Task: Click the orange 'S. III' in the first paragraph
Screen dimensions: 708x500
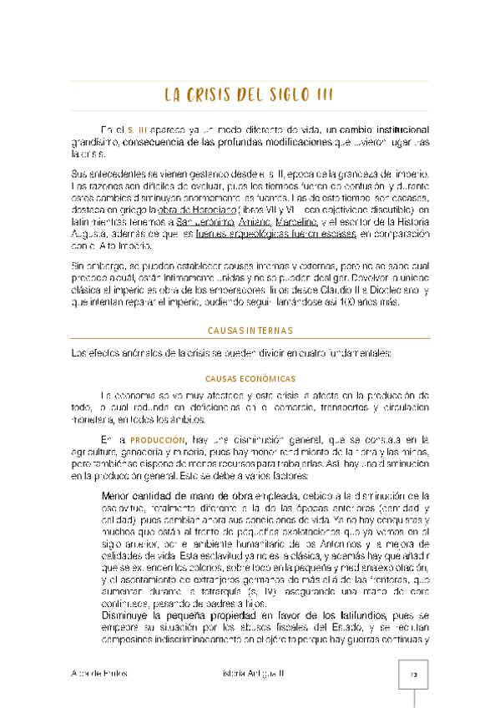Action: coord(138,130)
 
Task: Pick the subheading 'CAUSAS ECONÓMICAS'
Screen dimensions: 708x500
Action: coord(250,378)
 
